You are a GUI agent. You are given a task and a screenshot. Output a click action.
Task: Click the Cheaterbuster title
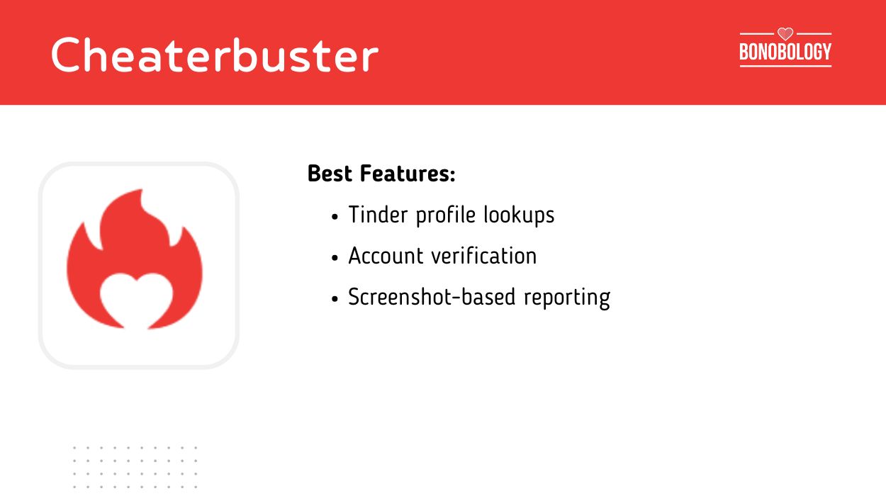coord(214,55)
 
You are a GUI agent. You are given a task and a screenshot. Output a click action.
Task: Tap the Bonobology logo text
coord(785,52)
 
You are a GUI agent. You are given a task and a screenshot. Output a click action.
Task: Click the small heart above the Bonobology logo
coord(785,33)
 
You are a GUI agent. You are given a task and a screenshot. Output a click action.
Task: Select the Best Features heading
coord(381,174)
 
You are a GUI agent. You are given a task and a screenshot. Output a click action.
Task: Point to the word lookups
coord(519,215)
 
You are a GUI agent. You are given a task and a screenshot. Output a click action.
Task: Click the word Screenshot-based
coord(432,298)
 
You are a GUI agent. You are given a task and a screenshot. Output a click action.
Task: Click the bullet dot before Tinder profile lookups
coord(335,217)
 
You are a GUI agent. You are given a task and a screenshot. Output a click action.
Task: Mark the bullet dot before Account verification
coord(335,258)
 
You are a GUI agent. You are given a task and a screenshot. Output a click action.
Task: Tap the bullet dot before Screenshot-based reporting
coord(335,299)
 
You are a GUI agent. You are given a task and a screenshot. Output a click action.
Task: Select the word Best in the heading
coord(330,174)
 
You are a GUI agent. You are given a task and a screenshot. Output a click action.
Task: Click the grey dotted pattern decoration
coord(135,466)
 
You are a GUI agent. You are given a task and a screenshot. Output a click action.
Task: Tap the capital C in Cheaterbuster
coord(67,55)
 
